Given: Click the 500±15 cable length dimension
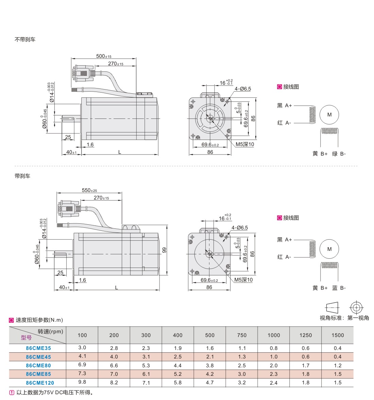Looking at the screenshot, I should [x=104, y=56].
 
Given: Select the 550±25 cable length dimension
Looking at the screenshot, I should [x=89, y=190].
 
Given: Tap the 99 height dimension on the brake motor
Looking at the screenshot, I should [x=164, y=250].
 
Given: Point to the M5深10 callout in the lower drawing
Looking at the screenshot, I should [x=243, y=280].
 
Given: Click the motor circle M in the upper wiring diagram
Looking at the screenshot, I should [x=329, y=115].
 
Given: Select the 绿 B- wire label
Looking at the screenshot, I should [x=339, y=154].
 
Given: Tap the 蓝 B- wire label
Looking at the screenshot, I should [x=339, y=288].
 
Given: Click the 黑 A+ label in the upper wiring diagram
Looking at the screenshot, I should [x=284, y=106].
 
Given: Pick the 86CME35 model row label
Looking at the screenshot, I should [x=38, y=348].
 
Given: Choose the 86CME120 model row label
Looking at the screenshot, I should [x=40, y=383].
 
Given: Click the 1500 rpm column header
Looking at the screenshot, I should [x=338, y=335].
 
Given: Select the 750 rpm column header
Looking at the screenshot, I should [x=242, y=335].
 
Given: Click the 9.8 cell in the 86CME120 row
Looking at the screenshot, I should [x=82, y=382].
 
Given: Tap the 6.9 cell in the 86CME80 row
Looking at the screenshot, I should [x=82, y=365].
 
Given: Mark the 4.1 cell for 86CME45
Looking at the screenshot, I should [x=82, y=356].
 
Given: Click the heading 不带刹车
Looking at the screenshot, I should [x=25, y=39].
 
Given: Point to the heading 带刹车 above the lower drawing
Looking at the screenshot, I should [x=22, y=176].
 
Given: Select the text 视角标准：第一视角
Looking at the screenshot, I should [x=344, y=318].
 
